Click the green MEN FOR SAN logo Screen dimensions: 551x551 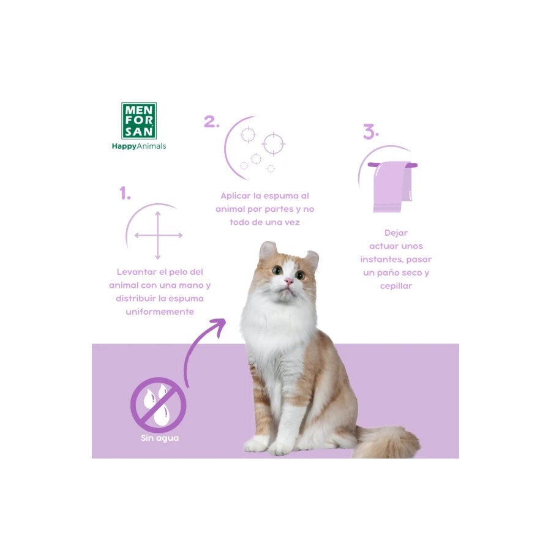pos(139,121)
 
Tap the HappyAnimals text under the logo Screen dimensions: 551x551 pos(139,146)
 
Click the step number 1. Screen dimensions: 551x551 pos(125,193)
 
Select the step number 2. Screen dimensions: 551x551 pos(211,122)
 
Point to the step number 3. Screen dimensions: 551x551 pos(370,132)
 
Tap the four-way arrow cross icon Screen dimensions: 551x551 pos(158,235)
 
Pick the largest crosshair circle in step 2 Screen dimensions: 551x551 pos(274,144)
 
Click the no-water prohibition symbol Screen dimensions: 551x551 pos(159,405)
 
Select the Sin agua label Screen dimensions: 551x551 pos(160,438)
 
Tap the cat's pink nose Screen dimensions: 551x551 pos(288,281)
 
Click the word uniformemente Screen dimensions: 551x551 pos(160,312)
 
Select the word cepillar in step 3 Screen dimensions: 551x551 pos(396,286)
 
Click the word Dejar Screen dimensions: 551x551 pos(396,233)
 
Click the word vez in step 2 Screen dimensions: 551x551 pos(293,223)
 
